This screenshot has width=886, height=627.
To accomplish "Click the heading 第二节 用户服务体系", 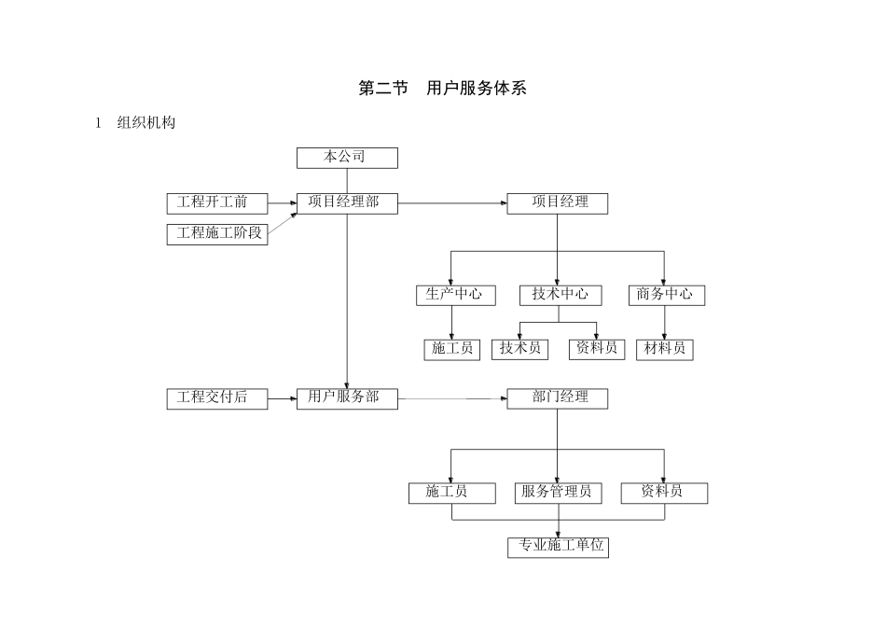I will [x=443, y=90].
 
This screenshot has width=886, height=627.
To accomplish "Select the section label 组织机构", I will [x=145, y=123].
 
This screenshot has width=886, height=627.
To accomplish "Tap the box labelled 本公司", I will [x=347, y=158].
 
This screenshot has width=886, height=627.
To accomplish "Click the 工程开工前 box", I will [x=217, y=203].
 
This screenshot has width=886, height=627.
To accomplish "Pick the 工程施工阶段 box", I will [x=217, y=234].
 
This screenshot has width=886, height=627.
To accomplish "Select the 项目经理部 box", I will [x=347, y=203].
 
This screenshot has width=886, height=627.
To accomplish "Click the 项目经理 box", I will [x=558, y=203].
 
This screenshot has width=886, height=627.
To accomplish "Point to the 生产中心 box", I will [x=452, y=295].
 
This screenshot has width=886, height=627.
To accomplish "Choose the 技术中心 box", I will [x=560, y=295].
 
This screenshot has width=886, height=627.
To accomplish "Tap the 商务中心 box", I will [x=665, y=295].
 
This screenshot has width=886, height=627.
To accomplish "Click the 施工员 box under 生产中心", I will [x=452, y=349].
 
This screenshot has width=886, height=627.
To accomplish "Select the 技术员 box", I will [x=519, y=349].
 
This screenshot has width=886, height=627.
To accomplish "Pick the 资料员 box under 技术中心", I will [x=597, y=349].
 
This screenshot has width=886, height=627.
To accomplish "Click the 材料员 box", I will [x=665, y=349].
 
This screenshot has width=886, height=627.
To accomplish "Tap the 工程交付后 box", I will [x=217, y=398].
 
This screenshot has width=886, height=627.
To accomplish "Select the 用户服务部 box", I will [x=347, y=398].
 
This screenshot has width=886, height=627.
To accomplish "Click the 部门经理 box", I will [x=558, y=398].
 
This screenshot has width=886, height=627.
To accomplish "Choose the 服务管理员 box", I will [x=558, y=493].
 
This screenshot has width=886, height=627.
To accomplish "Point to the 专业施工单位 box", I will [x=558, y=547].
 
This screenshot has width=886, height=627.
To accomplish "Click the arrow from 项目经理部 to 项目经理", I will [x=452, y=203].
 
